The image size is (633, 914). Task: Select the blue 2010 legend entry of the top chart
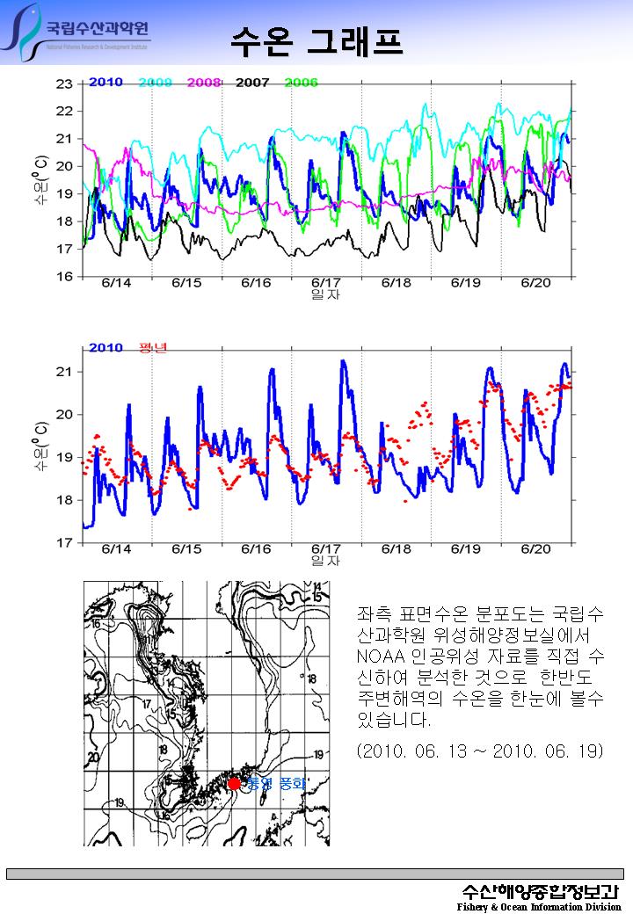105,83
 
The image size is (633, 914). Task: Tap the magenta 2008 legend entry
203,83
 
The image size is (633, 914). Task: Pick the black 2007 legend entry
252,83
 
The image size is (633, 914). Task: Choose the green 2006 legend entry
301,83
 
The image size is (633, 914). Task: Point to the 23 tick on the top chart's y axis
64,84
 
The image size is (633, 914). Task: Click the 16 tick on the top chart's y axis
64,277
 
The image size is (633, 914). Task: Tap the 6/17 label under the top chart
326,283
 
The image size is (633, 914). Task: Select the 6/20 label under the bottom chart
535,548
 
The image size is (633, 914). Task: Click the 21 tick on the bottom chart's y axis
64,372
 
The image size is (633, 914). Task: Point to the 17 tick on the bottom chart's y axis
64,543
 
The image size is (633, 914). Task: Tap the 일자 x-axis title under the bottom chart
324,560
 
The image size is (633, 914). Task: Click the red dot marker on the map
234,783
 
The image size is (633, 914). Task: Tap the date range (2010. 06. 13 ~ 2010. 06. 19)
480,752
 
